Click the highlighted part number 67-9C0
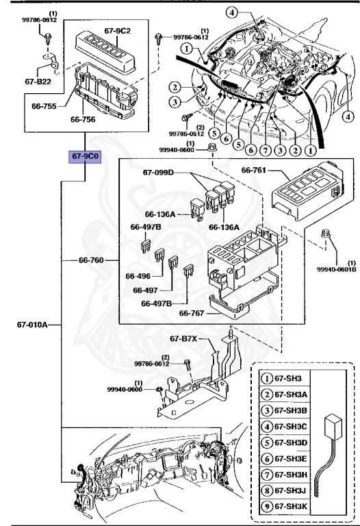tap(84, 157)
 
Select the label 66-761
tap(257, 168)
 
